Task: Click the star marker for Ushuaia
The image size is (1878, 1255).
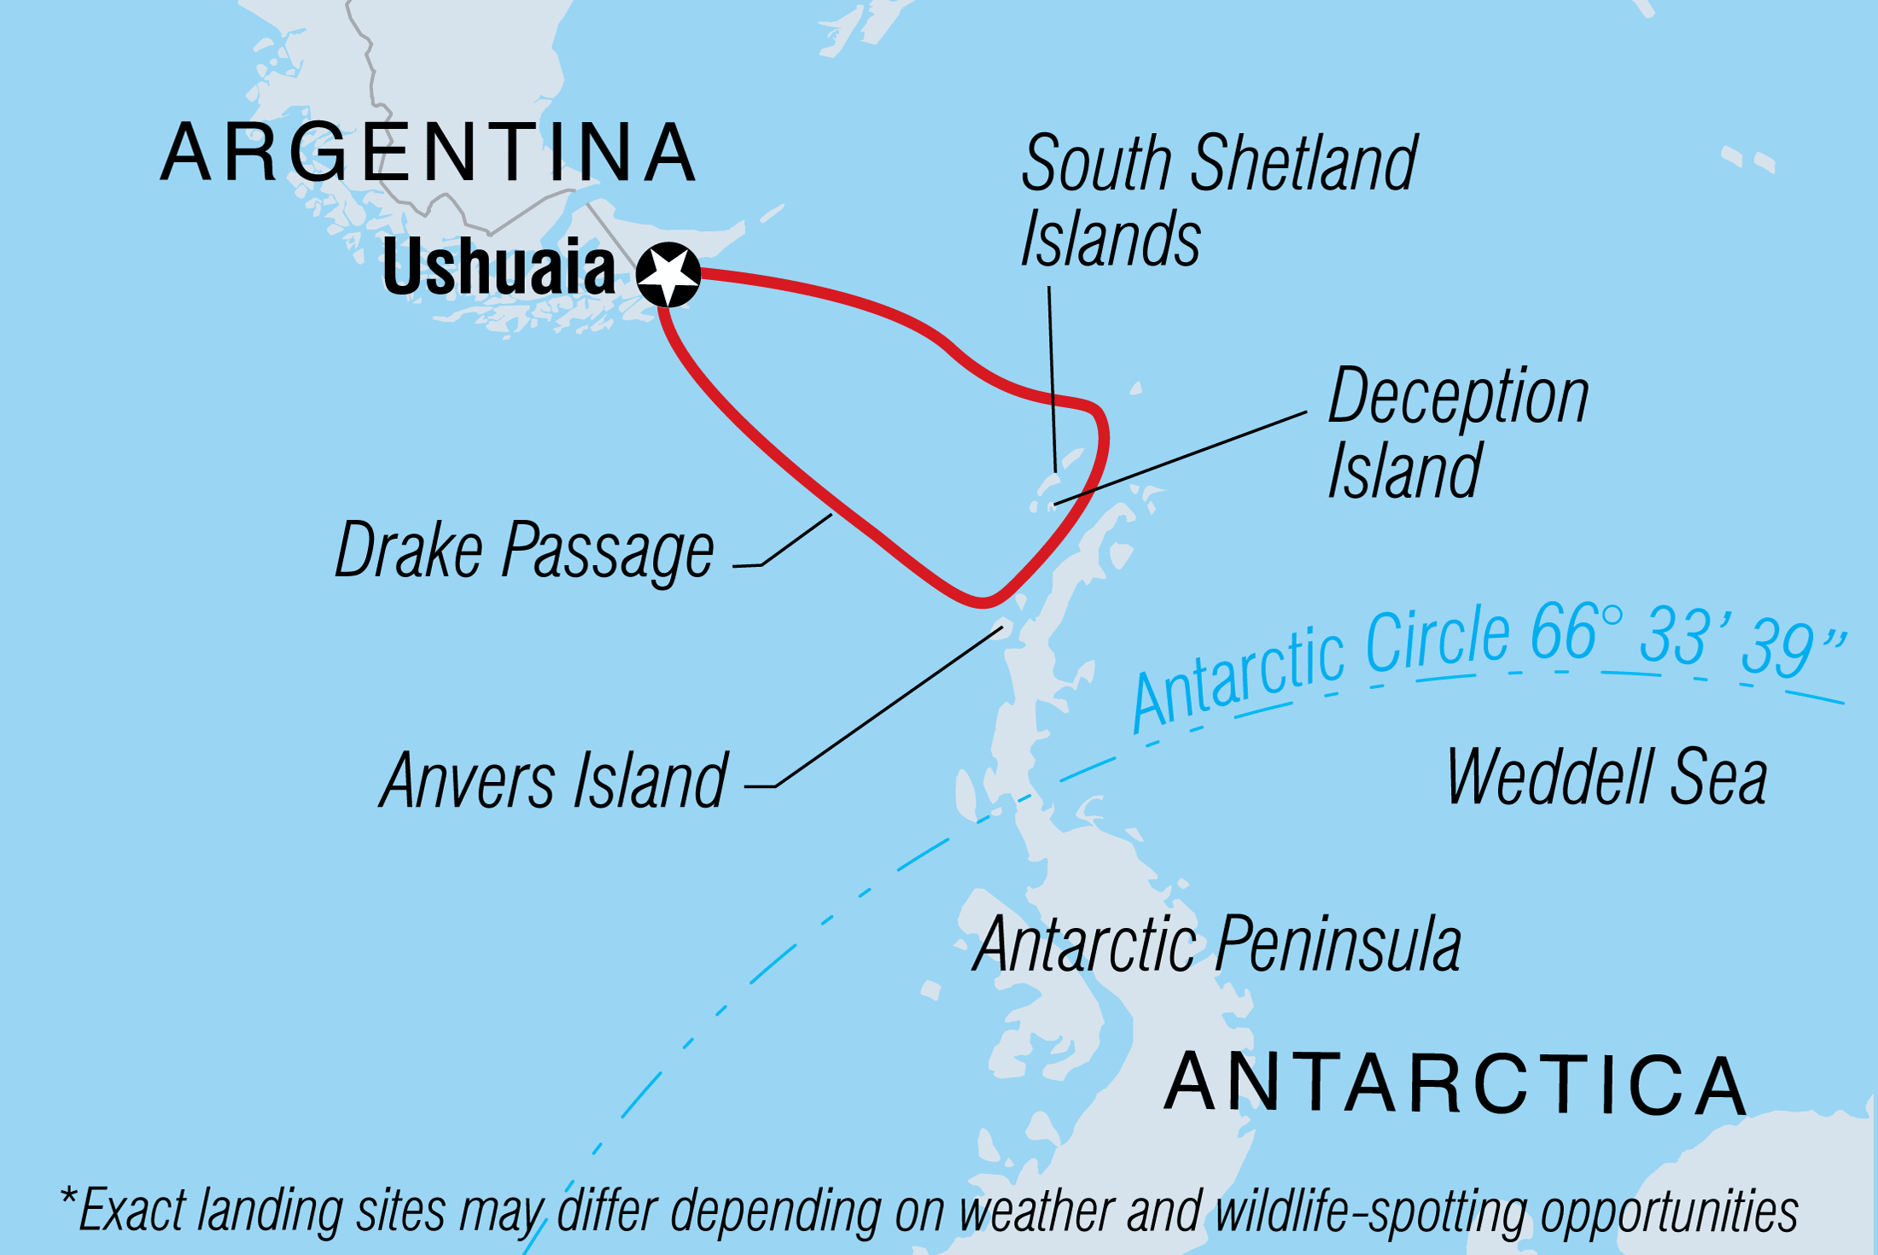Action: [x=668, y=274]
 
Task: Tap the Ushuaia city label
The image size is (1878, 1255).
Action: [x=499, y=267]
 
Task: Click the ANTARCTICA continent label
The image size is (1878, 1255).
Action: [x=1456, y=1084]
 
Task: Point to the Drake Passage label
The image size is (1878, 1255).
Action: [x=524, y=552]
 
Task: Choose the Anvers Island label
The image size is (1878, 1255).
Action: [x=554, y=780]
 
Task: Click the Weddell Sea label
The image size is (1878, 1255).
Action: [x=1606, y=777]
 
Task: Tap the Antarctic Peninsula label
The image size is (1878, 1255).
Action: [x=1217, y=944]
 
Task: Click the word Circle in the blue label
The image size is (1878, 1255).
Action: [x=1438, y=640]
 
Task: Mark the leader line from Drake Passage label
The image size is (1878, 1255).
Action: [x=794, y=541]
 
